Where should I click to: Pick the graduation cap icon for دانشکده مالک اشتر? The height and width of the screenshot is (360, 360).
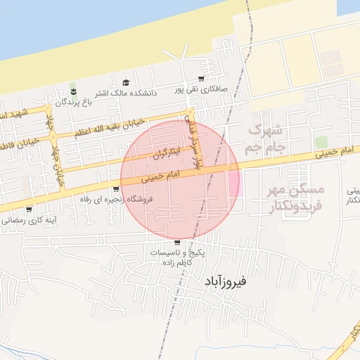(x=126, y=83)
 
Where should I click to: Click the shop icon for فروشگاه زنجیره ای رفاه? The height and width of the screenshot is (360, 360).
(x=115, y=189)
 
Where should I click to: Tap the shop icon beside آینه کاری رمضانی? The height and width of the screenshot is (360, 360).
(x=28, y=210)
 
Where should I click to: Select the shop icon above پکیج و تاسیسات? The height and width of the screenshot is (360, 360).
(x=176, y=242)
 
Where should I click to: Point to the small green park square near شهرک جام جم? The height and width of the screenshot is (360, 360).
(x=321, y=143)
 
